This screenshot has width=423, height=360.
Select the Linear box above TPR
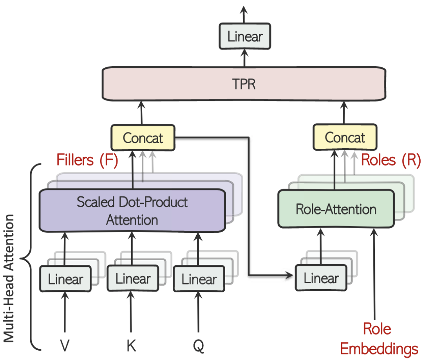245,37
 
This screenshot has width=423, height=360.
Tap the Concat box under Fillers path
143,138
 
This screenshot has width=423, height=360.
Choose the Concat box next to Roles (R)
345,138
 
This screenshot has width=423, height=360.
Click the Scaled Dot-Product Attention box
132,211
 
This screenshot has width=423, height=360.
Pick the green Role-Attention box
336,209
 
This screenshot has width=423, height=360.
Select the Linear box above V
65,279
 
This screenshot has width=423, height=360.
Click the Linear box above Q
199,279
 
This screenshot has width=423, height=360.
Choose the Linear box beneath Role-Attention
321,278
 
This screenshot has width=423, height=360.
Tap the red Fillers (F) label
87,160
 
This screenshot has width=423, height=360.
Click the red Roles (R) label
390,160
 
